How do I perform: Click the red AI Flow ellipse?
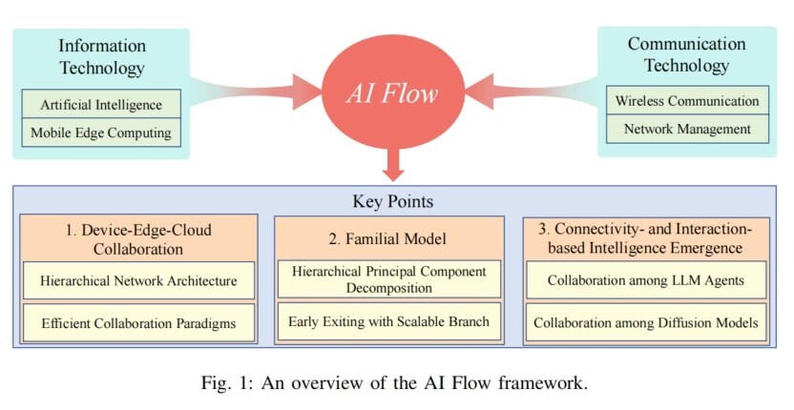[391, 93]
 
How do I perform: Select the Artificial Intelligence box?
[101, 104]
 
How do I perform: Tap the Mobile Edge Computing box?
[101, 133]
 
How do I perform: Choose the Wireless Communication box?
[687, 100]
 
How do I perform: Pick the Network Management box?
[687, 129]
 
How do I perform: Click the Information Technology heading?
[101, 56]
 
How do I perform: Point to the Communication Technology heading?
[687, 54]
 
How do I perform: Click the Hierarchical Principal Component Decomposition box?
[388, 280]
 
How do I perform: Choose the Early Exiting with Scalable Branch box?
[388, 321]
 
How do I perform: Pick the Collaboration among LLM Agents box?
[646, 281]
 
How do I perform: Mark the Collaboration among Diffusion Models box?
[646, 322]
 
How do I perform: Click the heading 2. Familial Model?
[388, 238]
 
